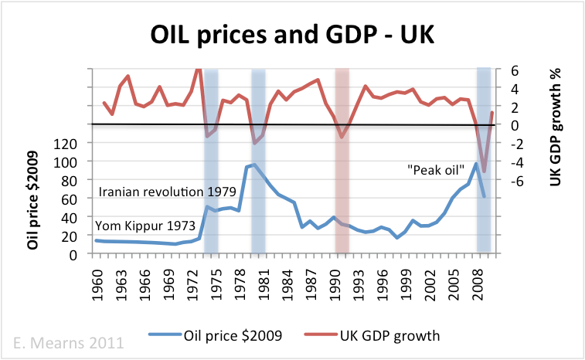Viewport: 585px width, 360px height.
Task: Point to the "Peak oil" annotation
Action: (x=435, y=168)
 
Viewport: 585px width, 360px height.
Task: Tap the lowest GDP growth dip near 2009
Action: (x=484, y=171)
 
